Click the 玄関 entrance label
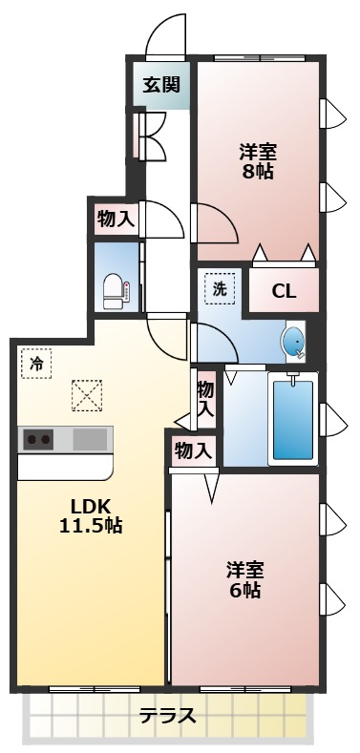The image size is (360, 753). (x=161, y=84)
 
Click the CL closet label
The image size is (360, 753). (x=284, y=291)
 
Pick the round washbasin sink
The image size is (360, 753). (x=294, y=341)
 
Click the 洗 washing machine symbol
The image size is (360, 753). (x=220, y=288)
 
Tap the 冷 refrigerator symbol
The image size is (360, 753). (x=36, y=363)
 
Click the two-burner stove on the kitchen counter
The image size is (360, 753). (x=39, y=440)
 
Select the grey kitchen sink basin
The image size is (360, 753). (x=91, y=440)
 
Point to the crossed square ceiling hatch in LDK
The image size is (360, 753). (x=87, y=395)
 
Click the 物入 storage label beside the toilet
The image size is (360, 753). (x=116, y=219)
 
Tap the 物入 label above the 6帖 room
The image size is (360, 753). (x=194, y=450)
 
